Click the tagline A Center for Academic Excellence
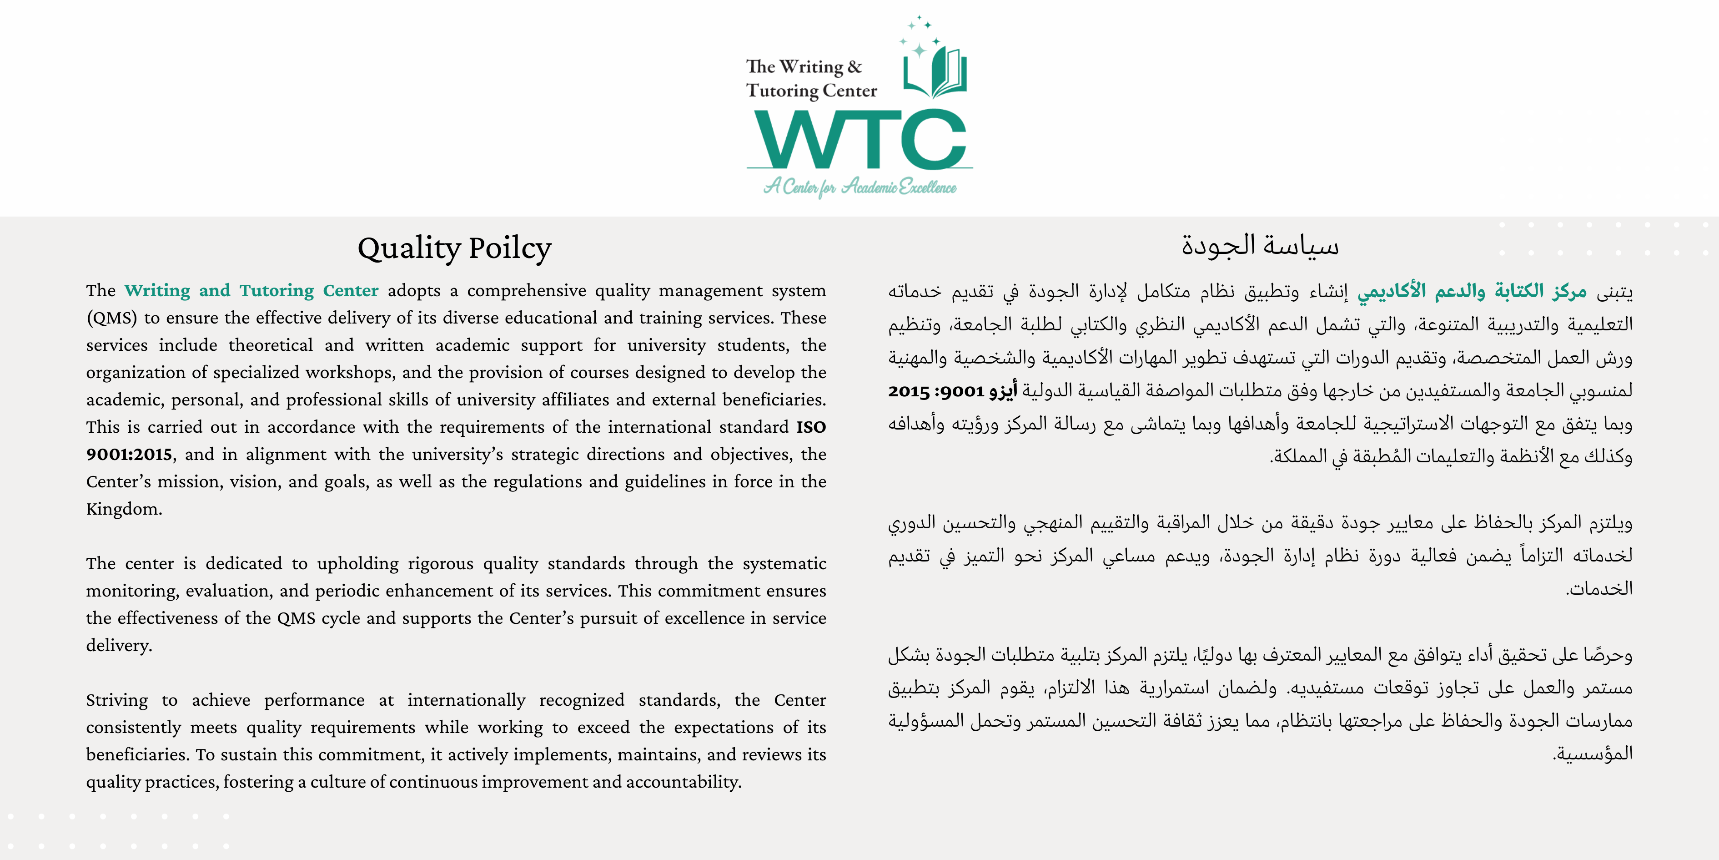(x=859, y=186)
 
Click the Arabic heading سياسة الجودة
(x=1260, y=246)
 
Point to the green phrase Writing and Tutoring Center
(x=251, y=290)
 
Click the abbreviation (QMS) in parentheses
(x=111, y=318)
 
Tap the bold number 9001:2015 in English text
(x=129, y=455)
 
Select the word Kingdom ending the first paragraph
(x=123, y=509)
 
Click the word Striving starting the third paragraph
(x=117, y=700)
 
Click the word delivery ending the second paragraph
(x=118, y=646)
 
